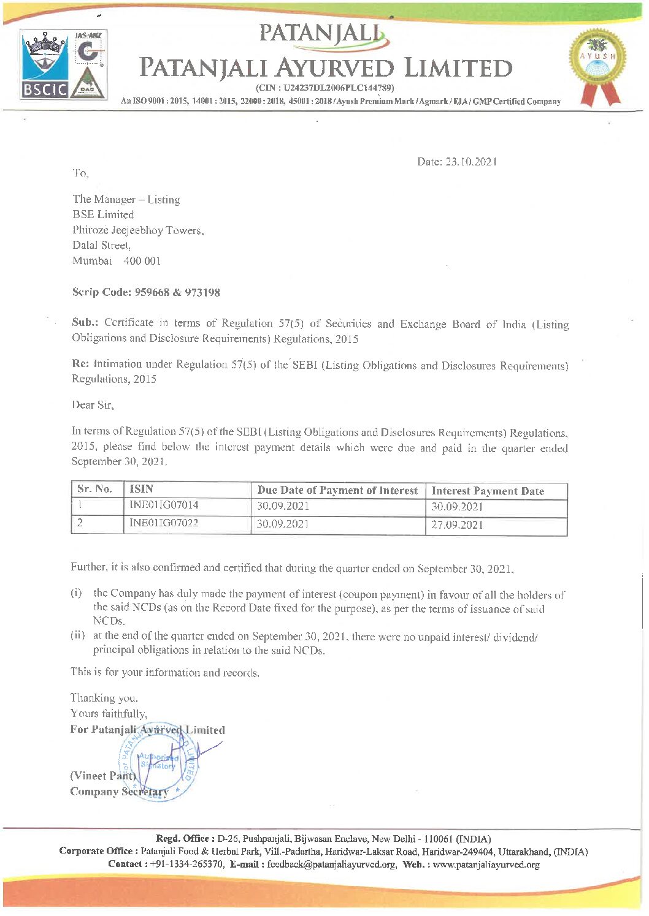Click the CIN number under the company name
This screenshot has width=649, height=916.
324,88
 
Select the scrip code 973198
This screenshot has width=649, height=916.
202,292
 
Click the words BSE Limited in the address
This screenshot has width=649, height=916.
103,214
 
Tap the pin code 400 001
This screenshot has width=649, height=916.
142,260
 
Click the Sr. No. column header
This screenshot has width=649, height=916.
94,489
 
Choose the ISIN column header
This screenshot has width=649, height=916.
141,489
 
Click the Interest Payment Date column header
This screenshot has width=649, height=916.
488,491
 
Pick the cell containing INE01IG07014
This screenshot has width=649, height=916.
164,505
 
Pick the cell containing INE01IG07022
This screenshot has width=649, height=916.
164,523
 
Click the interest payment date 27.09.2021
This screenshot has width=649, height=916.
457,525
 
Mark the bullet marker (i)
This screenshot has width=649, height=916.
76,593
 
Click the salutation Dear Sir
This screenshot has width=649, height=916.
93,404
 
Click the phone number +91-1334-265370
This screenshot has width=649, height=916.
186,864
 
